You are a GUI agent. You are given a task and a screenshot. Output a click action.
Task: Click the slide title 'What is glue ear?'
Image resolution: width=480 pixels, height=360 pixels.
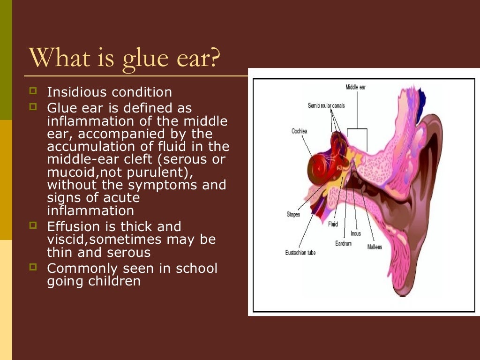[124, 57]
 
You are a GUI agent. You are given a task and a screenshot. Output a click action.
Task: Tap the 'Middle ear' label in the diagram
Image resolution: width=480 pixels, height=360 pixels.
[355, 87]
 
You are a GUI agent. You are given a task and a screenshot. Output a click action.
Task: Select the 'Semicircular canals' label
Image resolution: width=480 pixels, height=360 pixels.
[326, 105]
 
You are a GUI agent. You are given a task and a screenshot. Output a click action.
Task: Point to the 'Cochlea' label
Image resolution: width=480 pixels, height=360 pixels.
[299, 131]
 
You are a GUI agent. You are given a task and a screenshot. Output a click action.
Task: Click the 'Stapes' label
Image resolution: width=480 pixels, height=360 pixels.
[293, 214]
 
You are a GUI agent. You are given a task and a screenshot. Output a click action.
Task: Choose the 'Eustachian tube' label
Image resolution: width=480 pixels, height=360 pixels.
[300, 253]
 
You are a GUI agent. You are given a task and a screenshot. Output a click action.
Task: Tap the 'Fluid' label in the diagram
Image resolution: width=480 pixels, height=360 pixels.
[333, 224]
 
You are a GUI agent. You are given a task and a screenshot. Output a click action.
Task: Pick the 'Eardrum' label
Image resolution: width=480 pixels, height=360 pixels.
[343, 243]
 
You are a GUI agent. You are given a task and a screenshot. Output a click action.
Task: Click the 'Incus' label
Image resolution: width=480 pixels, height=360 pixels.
[356, 233]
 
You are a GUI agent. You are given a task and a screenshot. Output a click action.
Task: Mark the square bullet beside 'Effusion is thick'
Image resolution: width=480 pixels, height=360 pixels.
[33, 225]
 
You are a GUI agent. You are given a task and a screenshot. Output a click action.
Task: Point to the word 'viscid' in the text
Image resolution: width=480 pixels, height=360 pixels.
[66, 240]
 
